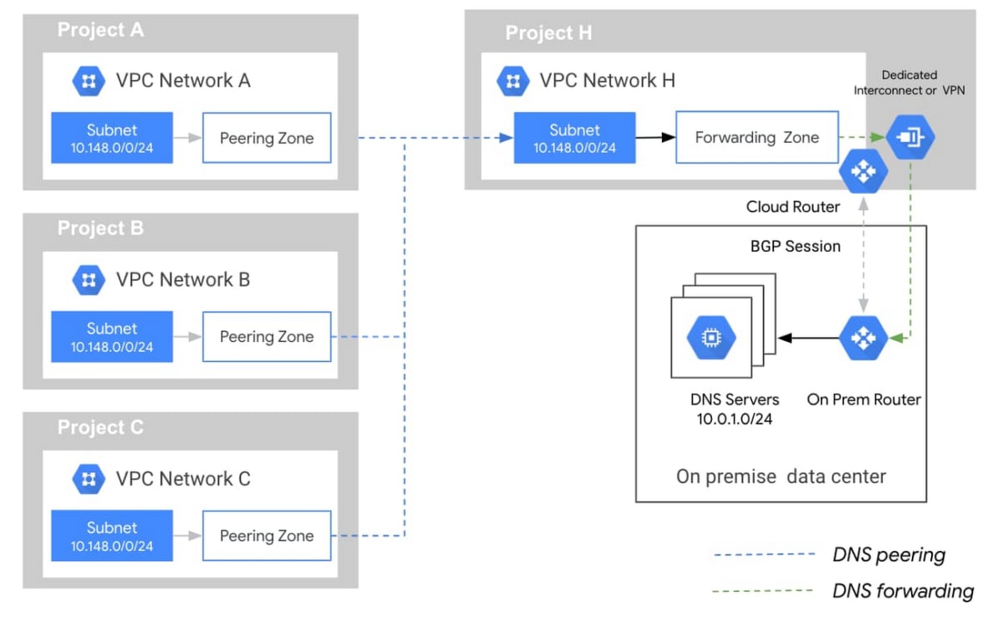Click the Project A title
100,30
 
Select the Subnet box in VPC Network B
112,337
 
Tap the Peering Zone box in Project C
267,536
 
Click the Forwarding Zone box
756,137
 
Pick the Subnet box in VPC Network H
574,138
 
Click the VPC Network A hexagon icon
88,81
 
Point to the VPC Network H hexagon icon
512,81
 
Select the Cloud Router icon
861,171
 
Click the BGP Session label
795,247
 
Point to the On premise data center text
781,476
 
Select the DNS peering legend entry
888,554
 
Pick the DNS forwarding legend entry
903,591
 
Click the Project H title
549,33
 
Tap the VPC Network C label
183,479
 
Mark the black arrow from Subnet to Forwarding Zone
654,137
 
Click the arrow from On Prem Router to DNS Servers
807,338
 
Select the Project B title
100,228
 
